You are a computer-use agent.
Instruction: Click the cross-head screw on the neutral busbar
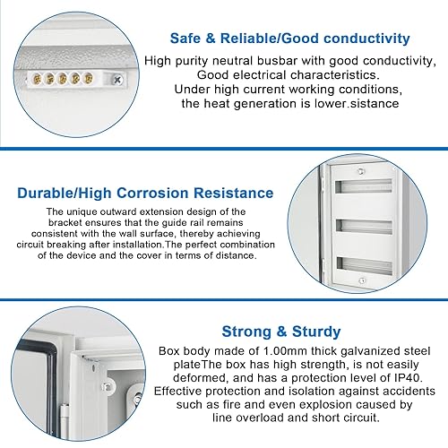[x=117, y=80]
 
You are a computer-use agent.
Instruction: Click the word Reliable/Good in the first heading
[x=270, y=39]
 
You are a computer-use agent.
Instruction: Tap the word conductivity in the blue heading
[x=366, y=39]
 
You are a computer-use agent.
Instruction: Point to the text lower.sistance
[x=357, y=103]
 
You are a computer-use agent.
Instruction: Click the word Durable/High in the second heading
[x=65, y=193]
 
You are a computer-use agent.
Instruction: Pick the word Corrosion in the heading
[x=152, y=193]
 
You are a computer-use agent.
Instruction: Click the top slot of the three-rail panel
[x=364, y=186]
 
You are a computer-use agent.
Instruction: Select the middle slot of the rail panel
[x=364, y=228]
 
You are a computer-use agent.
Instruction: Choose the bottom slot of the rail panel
[x=364, y=266]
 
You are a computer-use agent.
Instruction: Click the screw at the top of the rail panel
[x=361, y=171]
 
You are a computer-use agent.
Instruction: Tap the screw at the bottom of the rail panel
[x=362, y=280]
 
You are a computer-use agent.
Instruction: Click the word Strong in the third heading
[x=246, y=332]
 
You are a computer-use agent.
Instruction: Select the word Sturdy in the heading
[x=316, y=332]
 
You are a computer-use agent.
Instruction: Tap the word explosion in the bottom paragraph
[x=326, y=405]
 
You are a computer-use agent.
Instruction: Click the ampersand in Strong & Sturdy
[x=281, y=332]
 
